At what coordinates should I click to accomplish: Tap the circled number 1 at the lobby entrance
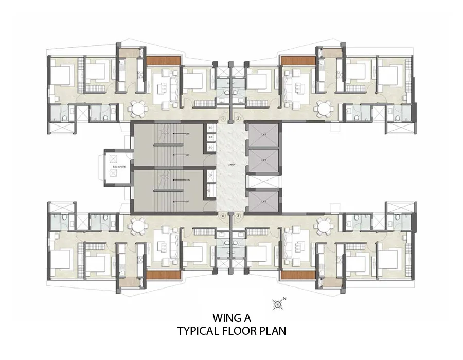click(223, 119)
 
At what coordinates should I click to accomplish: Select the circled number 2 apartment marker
click(238, 119)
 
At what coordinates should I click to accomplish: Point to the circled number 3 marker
click(238, 216)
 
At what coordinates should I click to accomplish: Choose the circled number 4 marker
click(223, 216)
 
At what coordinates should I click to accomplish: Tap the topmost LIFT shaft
click(263, 134)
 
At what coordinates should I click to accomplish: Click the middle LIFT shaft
click(263, 160)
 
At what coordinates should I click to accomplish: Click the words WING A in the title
click(231, 318)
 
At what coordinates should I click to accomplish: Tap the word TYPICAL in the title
click(199, 331)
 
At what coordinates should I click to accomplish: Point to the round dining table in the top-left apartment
click(138, 109)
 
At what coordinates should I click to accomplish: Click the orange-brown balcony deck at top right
click(297, 61)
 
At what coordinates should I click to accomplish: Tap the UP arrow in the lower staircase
click(177, 201)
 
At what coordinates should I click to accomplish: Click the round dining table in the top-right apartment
click(324, 109)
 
